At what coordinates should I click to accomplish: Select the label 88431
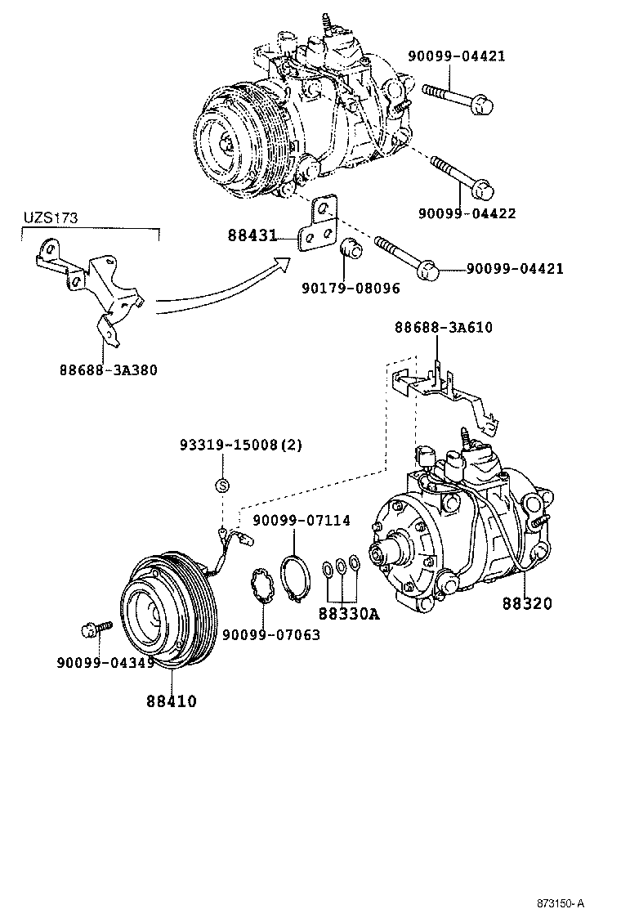point(252,236)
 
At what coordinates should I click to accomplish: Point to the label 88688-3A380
point(108,369)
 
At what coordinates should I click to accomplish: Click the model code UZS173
point(48,220)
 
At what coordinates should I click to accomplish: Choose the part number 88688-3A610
point(443,327)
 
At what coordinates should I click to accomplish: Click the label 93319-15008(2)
point(241,446)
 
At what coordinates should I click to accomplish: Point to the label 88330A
point(349,612)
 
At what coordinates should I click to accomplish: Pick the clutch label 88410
point(172,701)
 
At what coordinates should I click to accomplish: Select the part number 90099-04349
point(105,662)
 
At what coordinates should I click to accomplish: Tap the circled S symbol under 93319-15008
point(221,486)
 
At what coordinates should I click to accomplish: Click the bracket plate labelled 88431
point(319,225)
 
